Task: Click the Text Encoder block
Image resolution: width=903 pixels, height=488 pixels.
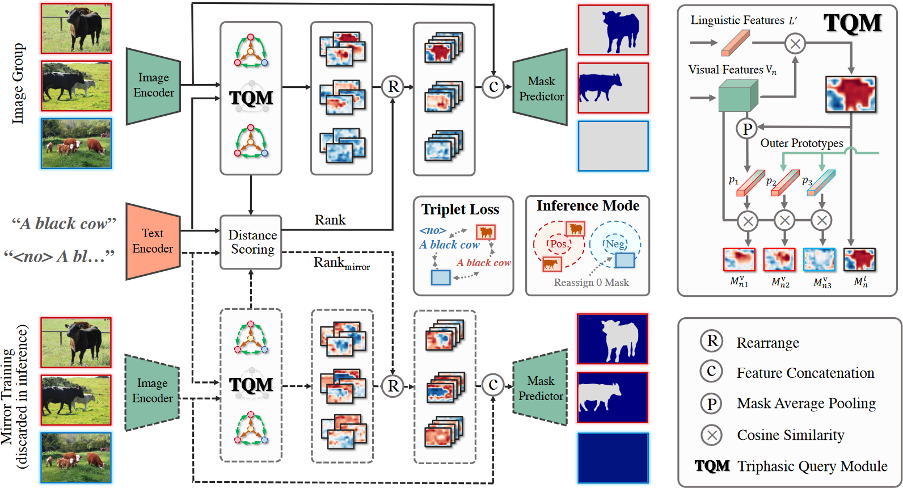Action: tap(153, 241)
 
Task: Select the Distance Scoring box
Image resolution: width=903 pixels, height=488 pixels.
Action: tap(251, 242)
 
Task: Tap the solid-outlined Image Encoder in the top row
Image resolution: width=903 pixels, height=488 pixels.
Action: tap(153, 86)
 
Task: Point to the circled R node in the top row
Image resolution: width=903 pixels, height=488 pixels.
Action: tap(393, 87)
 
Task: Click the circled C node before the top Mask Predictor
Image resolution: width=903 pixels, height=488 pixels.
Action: tap(493, 87)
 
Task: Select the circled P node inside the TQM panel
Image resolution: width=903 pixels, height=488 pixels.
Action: tap(747, 129)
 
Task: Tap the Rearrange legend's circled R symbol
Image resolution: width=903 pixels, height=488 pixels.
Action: tap(712, 341)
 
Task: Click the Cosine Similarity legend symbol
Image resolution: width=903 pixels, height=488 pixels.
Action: tap(712, 435)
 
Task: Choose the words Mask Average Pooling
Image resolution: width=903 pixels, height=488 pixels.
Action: tap(806, 403)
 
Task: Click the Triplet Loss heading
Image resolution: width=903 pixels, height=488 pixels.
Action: tap(461, 209)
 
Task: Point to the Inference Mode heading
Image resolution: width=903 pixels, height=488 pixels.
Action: tap(588, 205)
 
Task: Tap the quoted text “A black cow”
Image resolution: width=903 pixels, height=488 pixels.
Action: tap(64, 223)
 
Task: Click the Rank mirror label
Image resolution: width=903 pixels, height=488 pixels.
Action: tap(342, 263)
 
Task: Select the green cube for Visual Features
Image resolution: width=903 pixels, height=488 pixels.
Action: tap(738, 95)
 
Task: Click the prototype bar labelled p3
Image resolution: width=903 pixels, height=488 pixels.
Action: tap(821, 183)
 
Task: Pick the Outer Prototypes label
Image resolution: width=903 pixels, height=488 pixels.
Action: tap(802, 143)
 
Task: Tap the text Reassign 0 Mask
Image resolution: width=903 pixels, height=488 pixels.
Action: tap(591, 283)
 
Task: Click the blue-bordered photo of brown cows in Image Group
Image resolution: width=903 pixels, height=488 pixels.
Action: tap(76, 143)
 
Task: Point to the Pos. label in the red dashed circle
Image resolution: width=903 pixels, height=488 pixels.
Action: tap(559, 244)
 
